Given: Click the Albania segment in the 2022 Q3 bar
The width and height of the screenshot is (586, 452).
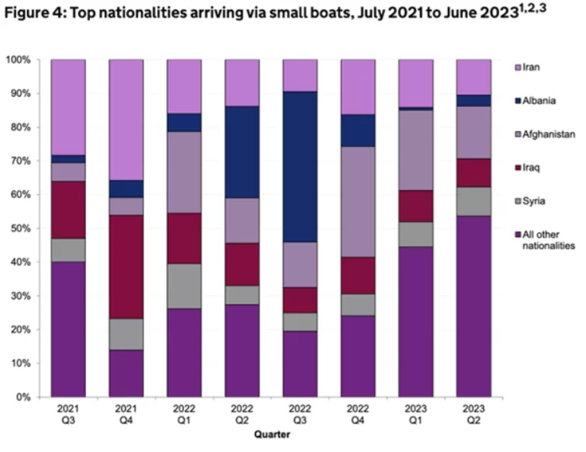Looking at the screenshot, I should (300, 167).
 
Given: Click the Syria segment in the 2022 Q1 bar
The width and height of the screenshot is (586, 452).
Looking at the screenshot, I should (184, 286).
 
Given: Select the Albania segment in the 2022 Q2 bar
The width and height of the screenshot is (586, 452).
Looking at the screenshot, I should (242, 152).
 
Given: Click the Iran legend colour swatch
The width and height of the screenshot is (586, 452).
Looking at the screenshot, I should (517, 67).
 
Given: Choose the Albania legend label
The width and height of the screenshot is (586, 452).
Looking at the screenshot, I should (539, 100).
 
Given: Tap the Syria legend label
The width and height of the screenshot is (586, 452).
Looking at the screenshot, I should (533, 201).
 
